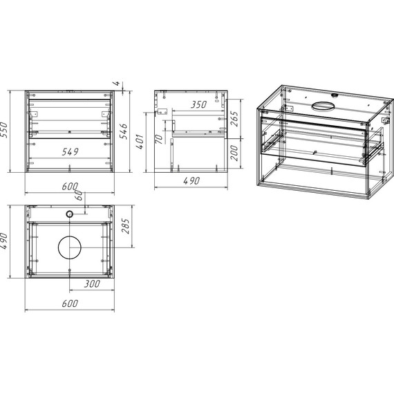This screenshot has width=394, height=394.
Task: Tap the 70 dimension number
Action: (x=159, y=141)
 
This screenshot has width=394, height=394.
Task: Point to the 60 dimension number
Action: (x=80, y=196)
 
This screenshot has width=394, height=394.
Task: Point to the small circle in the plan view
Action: (x=69, y=215)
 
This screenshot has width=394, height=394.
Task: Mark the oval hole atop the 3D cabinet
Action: (x=323, y=106)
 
